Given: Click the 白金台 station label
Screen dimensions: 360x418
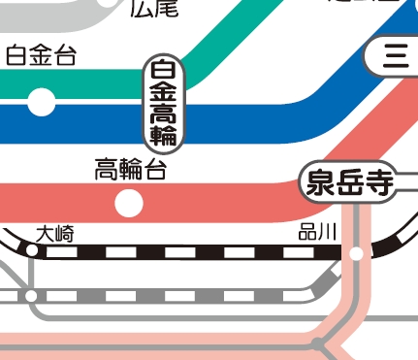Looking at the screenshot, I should pos(40,56).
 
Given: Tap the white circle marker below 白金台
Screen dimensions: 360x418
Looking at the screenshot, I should pos(42,100).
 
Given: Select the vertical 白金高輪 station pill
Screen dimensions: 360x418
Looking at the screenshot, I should pos(163,105).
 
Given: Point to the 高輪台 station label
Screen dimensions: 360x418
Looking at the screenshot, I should pos(131,172).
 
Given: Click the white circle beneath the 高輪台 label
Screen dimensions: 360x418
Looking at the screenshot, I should pos(129,203).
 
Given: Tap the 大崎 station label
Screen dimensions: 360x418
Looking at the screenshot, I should pos(54,233).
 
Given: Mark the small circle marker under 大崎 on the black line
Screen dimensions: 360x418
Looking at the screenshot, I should pos(32,251).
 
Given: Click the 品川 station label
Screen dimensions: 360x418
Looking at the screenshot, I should pos(318,232).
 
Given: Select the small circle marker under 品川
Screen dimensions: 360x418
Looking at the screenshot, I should pos(357,253).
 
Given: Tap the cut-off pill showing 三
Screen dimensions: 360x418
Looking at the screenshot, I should pos(393,57).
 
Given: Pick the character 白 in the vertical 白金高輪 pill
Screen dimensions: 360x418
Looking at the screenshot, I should pos(163,71).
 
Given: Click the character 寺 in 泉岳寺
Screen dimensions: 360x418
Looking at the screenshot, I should pos(375,181).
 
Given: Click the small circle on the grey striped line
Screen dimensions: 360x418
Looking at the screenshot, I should pos(32,294).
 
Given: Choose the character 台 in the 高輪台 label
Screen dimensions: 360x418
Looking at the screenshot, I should pos(155,172).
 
